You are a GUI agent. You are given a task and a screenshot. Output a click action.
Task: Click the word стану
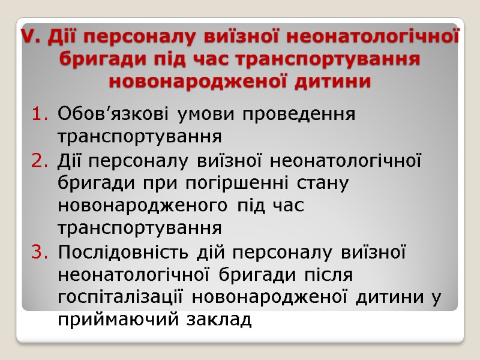click(x=324, y=184)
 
